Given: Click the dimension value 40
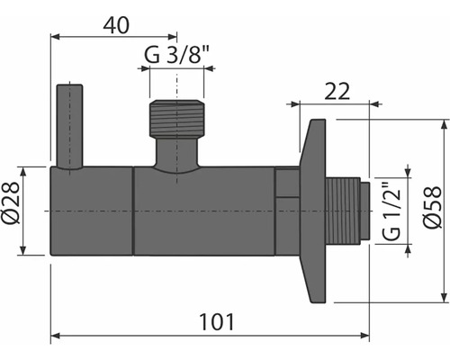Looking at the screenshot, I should click(x=112, y=24).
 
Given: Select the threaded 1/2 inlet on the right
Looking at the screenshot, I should click(x=347, y=211).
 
